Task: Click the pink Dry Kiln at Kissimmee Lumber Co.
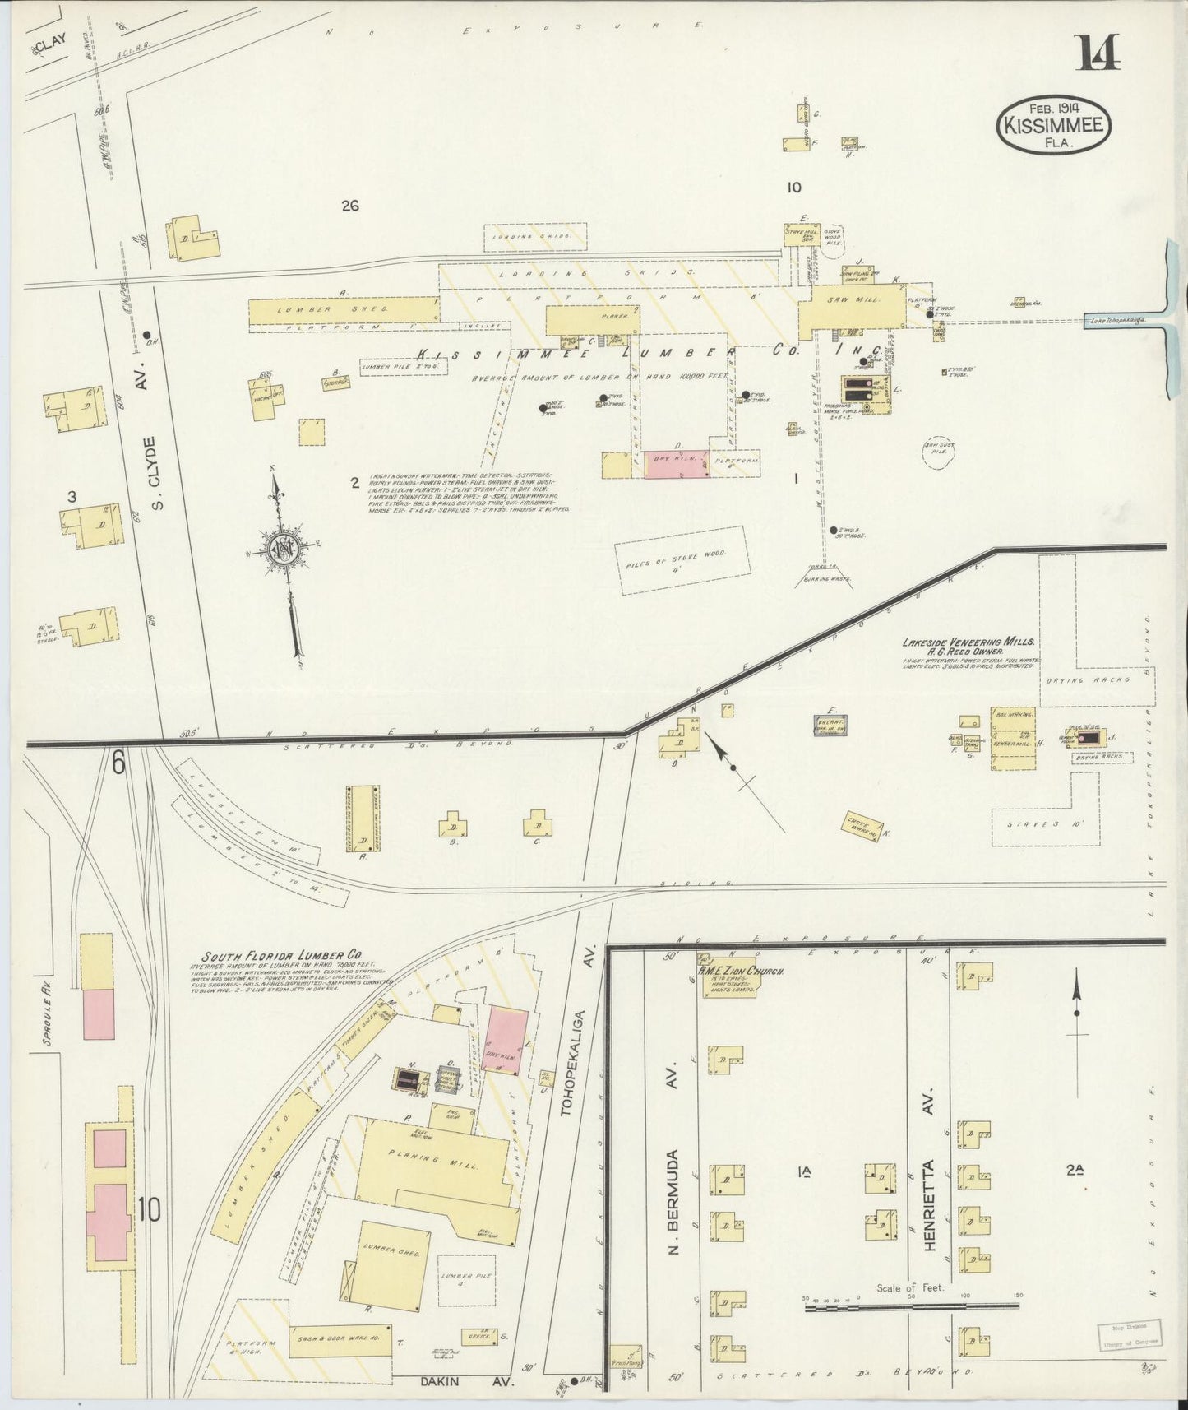pos(679,464)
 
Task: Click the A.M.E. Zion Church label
pos(740,971)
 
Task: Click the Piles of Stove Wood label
pos(684,559)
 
